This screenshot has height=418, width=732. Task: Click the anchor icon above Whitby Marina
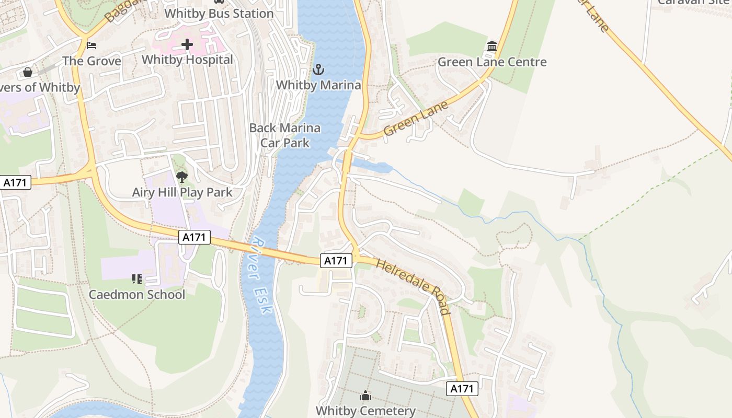click(x=318, y=69)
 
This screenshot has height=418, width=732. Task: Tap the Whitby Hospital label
click(x=187, y=60)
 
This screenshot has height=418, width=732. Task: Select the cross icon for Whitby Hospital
click(x=187, y=44)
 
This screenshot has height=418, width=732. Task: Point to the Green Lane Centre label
click(x=491, y=62)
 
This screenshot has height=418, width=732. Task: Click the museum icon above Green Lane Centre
click(x=491, y=47)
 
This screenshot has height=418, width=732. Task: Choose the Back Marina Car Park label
click(x=285, y=135)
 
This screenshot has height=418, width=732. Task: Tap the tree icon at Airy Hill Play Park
click(x=182, y=177)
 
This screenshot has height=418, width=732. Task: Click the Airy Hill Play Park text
click(x=182, y=192)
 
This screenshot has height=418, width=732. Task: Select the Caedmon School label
click(x=137, y=294)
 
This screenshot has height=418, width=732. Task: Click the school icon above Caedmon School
click(x=137, y=279)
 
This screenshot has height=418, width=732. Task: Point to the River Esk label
click(x=261, y=275)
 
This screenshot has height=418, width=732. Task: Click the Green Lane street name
click(x=416, y=119)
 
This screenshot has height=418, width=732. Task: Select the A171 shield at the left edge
click(x=16, y=182)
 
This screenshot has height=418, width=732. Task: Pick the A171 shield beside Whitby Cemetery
click(x=462, y=388)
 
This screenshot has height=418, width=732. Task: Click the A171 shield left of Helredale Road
click(x=336, y=260)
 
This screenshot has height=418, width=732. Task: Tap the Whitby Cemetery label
click(x=365, y=411)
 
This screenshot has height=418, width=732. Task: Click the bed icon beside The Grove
click(x=92, y=45)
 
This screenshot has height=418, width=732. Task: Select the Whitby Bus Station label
click(x=219, y=14)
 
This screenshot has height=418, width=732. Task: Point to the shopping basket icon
click(x=28, y=72)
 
